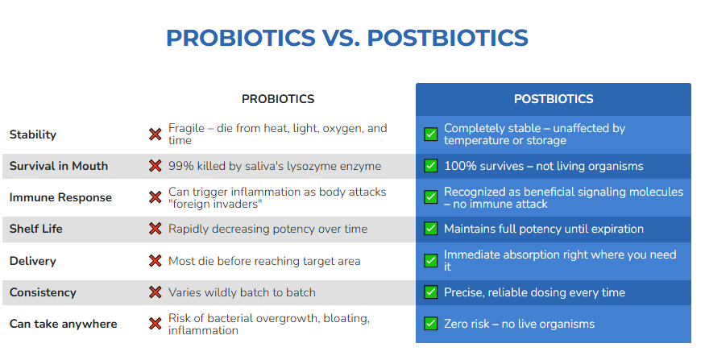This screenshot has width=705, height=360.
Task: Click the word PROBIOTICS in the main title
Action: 241,38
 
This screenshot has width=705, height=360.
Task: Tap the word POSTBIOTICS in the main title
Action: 448,38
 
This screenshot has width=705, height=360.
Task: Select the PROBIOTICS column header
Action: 278,99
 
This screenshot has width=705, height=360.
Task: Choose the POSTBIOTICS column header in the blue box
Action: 554,99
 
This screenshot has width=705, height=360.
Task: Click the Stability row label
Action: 33,134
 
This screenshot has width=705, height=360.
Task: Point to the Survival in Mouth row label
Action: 59,166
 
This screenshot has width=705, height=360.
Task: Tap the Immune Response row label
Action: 60,197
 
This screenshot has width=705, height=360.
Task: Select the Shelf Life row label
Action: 36,229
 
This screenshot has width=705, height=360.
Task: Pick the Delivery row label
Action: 33,261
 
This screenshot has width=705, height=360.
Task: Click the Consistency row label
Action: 43,292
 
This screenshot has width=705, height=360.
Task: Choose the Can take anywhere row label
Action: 64,324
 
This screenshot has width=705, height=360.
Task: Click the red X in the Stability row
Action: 156,134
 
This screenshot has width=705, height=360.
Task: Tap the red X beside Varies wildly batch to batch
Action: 156,292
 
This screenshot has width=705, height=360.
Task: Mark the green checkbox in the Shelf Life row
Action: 431,229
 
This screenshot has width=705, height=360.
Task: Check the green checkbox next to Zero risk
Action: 431,324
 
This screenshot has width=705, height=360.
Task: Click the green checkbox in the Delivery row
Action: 431,261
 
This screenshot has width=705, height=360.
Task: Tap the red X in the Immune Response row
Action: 156,197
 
